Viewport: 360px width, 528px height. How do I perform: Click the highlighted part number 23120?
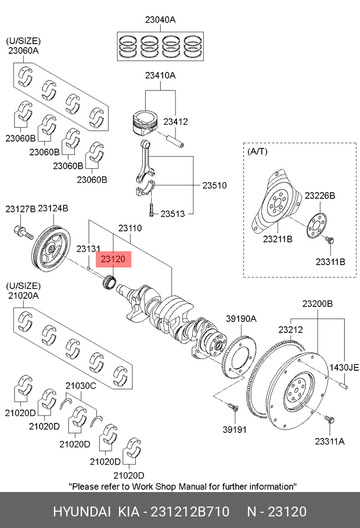click(113, 259)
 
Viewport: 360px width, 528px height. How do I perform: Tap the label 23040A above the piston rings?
click(160, 20)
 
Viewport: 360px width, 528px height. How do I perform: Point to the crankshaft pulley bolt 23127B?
click(23, 232)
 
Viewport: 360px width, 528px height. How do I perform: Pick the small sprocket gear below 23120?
click(109, 281)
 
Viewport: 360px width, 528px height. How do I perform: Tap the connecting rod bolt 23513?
click(152, 210)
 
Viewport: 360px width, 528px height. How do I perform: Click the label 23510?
click(214, 185)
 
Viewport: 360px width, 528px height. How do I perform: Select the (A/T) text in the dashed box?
click(258, 151)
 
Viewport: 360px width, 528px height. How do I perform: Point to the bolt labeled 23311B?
click(329, 240)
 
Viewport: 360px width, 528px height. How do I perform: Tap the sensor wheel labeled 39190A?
click(240, 356)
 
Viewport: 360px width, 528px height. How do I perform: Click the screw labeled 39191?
click(233, 407)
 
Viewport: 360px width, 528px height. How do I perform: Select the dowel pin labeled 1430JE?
click(344, 385)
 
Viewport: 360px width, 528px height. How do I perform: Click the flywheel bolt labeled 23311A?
click(329, 420)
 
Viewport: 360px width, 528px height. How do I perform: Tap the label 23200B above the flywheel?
click(318, 303)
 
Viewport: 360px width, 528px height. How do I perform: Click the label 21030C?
click(81, 386)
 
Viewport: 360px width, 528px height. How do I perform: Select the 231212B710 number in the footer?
click(190, 512)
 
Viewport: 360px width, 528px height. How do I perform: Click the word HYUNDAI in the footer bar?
click(82, 512)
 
